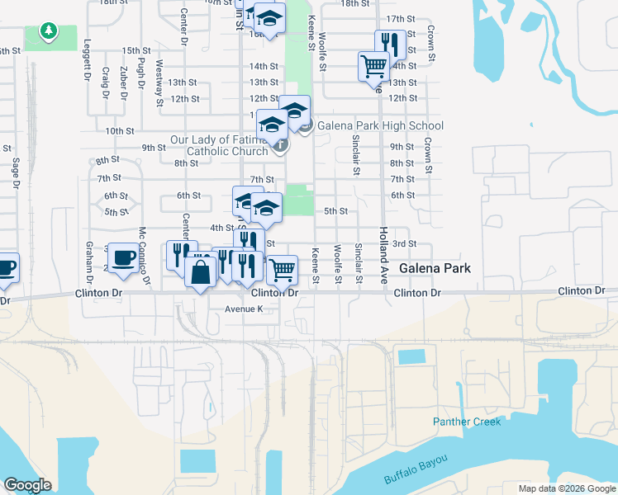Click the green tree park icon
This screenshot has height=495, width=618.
(50, 32)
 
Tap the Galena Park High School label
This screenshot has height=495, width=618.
(381, 126)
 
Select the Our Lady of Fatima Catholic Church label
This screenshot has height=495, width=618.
(219, 145)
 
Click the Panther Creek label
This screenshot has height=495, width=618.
(467, 422)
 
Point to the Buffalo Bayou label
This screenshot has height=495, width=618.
(416, 469)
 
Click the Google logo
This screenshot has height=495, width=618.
(27, 485)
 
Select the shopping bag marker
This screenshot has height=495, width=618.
(201, 271)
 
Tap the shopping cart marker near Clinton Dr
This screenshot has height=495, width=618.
(282, 268)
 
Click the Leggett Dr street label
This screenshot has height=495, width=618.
(88, 63)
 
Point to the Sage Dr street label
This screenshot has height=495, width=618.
(16, 174)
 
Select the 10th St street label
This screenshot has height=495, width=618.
(120, 130)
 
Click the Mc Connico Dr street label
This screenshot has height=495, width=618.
(143, 256)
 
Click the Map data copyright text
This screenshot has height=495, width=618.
(566, 488)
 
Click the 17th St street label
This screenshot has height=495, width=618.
(400, 19)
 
